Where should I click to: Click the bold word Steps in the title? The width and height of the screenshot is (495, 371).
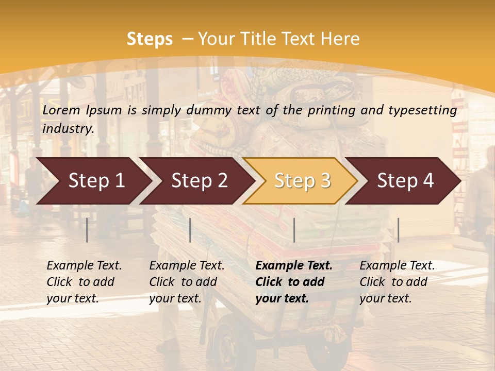[x=150, y=39]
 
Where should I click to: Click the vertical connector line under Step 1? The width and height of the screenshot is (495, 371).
[x=87, y=230]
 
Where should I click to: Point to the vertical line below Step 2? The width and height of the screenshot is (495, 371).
[x=190, y=230]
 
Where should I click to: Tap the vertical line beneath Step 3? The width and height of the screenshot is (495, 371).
[x=294, y=230]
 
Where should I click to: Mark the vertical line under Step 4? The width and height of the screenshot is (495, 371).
[x=398, y=230]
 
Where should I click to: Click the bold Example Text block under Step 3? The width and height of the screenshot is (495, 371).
[x=294, y=282]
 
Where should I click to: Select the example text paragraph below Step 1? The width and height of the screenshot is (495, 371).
[x=84, y=282]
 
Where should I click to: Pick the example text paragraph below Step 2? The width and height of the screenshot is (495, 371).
[x=187, y=282]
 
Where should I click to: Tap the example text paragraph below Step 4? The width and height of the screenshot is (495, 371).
[x=397, y=282]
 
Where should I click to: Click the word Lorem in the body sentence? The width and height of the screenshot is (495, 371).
[x=61, y=110]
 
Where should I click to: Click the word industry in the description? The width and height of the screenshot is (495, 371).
[x=68, y=129]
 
